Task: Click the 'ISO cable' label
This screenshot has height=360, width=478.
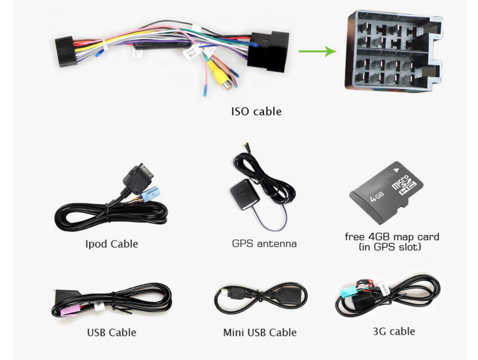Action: (256, 111)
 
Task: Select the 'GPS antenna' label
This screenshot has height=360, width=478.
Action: (264, 243)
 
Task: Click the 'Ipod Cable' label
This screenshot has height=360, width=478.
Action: (111, 243)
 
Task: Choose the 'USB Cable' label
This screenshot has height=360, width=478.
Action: (111, 332)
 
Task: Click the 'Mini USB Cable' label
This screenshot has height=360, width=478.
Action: (259, 332)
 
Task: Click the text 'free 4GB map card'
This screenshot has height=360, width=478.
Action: (393, 236)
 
